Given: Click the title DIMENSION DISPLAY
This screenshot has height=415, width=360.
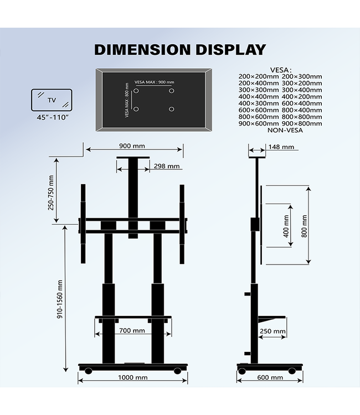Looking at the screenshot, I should [x=180, y=49].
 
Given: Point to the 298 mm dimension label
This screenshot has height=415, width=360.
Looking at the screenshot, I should [x=167, y=166].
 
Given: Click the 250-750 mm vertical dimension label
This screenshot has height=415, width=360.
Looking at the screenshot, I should [x=51, y=193].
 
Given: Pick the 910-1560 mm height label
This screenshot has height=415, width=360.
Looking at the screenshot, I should [x=60, y=313].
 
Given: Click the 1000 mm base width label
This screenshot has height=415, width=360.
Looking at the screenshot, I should [x=133, y=378].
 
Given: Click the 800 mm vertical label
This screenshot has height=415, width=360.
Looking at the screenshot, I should [x=304, y=226].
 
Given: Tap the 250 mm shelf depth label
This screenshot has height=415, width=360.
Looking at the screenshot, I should [x=273, y=332].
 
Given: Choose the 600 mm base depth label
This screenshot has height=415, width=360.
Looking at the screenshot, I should [x=270, y=378].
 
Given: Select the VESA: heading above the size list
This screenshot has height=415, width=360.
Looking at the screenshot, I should [x=280, y=70].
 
